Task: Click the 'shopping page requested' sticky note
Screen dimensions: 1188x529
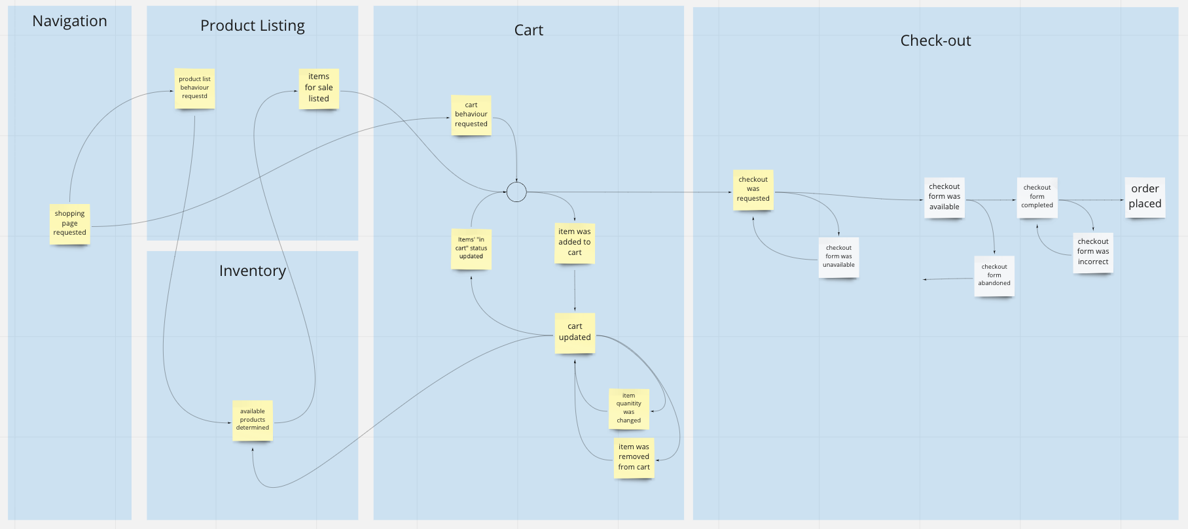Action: pyautogui.click(x=69, y=224)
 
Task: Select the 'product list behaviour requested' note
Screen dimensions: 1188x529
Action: pyautogui.click(x=194, y=88)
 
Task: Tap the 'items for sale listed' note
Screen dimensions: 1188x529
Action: pyautogui.click(x=319, y=88)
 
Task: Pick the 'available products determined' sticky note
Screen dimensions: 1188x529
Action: pyautogui.click(x=253, y=420)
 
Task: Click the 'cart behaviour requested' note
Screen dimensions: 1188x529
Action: pyautogui.click(x=471, y=115)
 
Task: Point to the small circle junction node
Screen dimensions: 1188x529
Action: pyautogui.click(x=516, y=192)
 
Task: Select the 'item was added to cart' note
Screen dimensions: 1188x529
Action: pyautogui.click(x=575, y=243)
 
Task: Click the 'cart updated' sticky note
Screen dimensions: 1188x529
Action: pyautogui.click(x=575, y=333)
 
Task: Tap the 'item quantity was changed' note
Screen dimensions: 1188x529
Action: pyautogui.click(x=629, y=409)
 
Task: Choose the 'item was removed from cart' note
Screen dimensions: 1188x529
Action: pyautogui.click(x=634, y=458)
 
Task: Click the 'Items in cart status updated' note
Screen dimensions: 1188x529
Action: pyautogui.click(x=471, y=248)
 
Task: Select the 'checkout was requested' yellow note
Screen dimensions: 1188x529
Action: pyautogui.click(x=753, y=190)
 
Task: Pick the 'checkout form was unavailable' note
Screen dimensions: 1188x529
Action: pyautogui.click(x=838, y=257)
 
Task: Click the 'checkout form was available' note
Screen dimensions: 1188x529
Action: pyautogui.click(x=945, y=197)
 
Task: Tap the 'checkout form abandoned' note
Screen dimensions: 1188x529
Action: pyautogui.click(x=994, y=276)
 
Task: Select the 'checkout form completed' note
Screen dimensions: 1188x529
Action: pyautogui.click(x=1037, y=197)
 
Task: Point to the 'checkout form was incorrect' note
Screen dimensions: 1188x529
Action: pyautogui.click(x=1093, y=252)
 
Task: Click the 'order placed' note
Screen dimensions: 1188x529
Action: pyautogui.click(x=1145, y=197)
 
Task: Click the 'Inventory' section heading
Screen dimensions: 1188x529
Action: pyautogui.click(x=253, y=271)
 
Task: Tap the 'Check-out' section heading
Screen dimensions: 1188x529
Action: pyautogui.click(x=936, y=41)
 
